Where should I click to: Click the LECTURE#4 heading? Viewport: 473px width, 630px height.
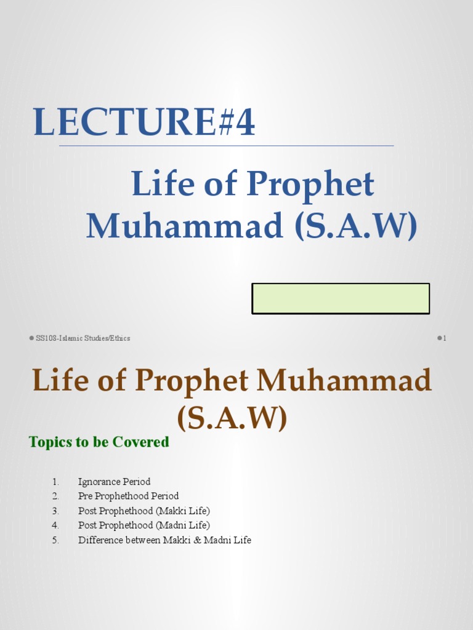tap(144, 122)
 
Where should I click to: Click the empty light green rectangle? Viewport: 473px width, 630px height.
tap(341, 298)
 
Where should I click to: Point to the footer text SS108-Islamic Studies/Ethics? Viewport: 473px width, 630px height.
tap(83, 338)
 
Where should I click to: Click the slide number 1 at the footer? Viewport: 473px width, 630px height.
tap(444, 338)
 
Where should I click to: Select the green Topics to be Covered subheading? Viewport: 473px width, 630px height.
tap(99, 442)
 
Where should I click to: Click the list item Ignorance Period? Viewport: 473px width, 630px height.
tap(114, 482)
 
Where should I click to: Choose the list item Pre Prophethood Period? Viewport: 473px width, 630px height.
tap(128, 496)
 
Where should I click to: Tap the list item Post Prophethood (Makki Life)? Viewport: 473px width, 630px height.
tap(144, 511)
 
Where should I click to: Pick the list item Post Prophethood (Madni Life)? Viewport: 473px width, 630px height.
tap(144, 525)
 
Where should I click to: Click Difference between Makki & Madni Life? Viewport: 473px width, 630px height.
tap(164, 540)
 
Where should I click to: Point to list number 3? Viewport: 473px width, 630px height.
tap(55, 511)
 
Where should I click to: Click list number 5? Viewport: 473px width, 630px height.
tap(55, 540)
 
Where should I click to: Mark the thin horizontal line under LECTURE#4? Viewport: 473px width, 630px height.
tap(226, 146)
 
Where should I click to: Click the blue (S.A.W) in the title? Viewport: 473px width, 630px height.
tap(356, 226)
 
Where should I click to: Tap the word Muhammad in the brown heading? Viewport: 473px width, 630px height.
tap(344, 381)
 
